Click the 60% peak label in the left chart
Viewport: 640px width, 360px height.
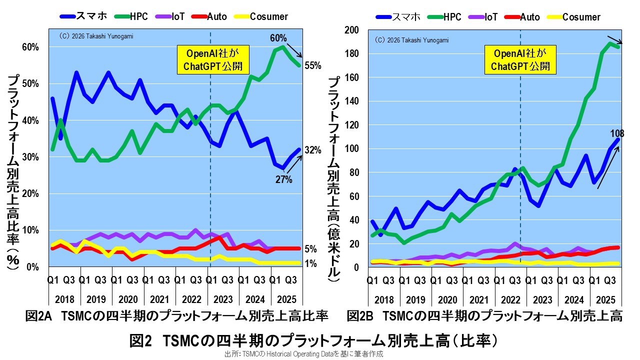click(x=278, y=38)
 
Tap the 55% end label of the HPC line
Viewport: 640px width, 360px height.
click(x=313, y=66)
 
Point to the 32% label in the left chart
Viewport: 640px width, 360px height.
click(x=313, y=150)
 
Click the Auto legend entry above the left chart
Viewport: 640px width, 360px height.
click(x=216, y=16)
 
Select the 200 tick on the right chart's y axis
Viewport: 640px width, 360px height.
click(x=352, y=30)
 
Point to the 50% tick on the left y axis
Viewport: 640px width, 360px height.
click(x=29, y=83)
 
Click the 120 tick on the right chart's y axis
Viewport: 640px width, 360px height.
click(x=352, y=125)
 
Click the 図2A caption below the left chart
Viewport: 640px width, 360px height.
click(x=176, y=316)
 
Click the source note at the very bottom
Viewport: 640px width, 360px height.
click(x=303, y=353)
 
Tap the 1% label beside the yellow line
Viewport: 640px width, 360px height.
click(x=310, y=263)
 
